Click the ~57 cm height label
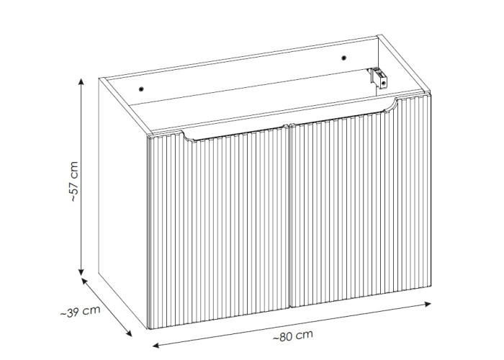click(74, 181)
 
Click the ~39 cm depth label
click(81, 312)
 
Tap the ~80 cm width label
click(292, 336)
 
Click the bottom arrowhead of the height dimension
click(81, 272)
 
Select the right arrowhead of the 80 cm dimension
click(428, 304)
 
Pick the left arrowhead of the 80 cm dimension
click(156, 345)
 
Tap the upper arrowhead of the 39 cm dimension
click(84, 282)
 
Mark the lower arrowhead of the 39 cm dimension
click(129, 333)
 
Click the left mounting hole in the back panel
click(141, 89)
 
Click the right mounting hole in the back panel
click(343, 58)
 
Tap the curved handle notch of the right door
click(391, 106)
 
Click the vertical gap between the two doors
click(289, 215)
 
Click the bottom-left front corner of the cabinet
click(149, 329)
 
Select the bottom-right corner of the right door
click(431, 285)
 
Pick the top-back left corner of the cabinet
click(99, 78)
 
